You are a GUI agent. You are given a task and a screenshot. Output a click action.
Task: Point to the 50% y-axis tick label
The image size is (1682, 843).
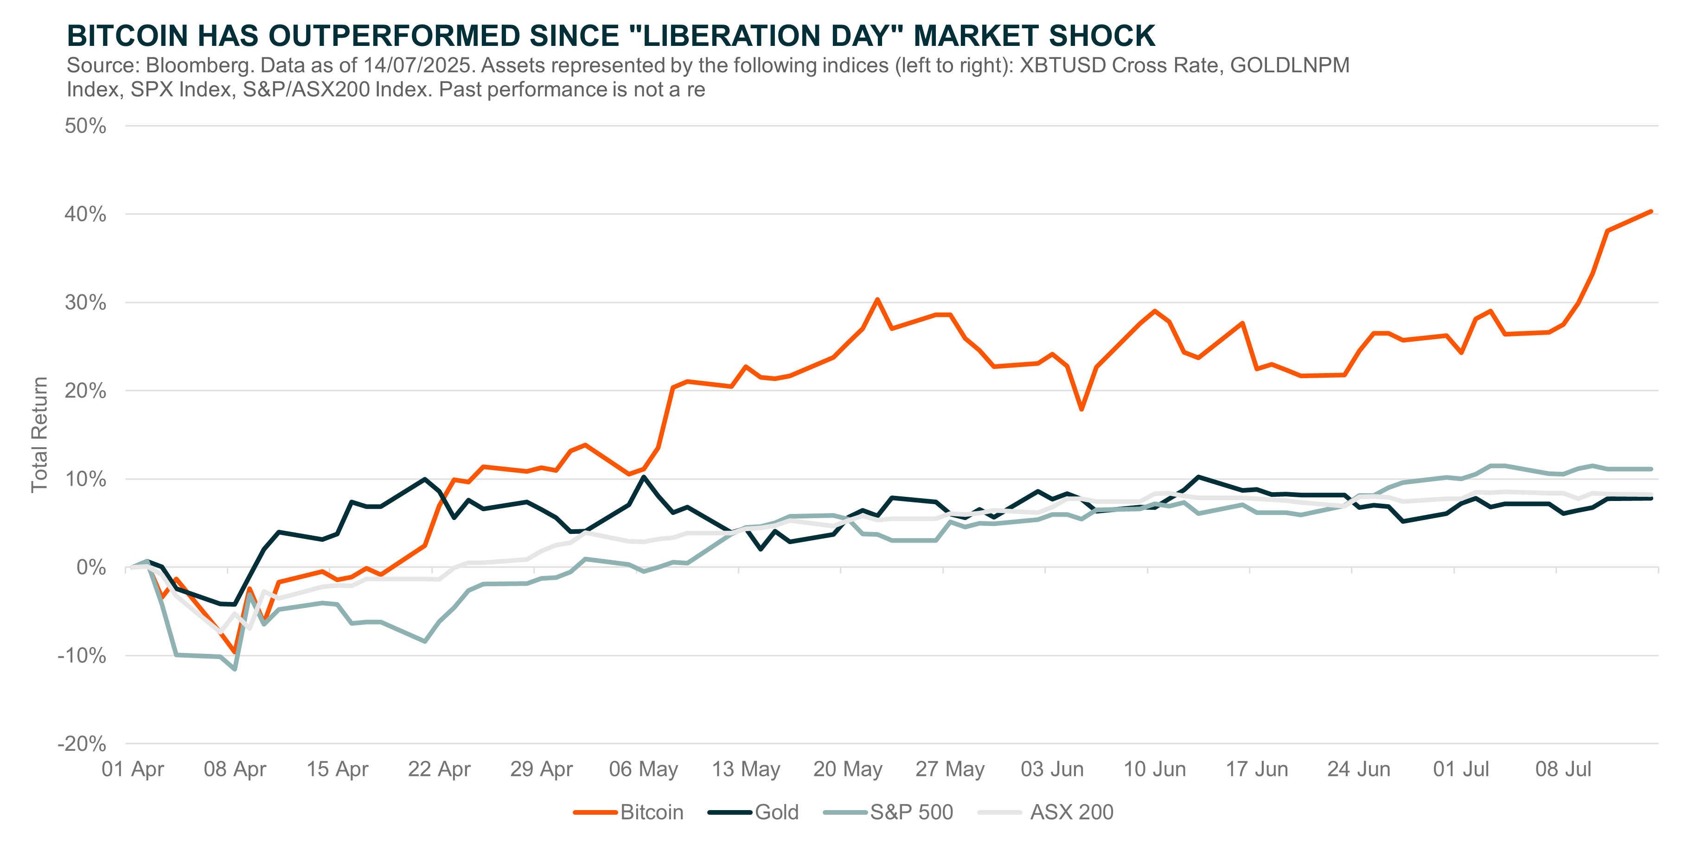(85, 126)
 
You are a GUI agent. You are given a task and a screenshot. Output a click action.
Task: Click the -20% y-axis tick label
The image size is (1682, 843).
(82, 743)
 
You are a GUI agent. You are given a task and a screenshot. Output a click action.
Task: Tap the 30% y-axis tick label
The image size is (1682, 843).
(85, 302)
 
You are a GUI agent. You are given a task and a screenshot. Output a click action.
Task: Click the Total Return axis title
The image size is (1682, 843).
(39, 435)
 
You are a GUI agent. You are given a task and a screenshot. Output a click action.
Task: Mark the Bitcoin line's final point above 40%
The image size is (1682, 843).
(1650, 211)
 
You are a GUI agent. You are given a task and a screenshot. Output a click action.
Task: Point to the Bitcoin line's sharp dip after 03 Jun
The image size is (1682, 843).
(1081, 409)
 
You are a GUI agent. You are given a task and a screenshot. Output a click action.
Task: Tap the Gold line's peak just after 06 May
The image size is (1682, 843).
(644, 477)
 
